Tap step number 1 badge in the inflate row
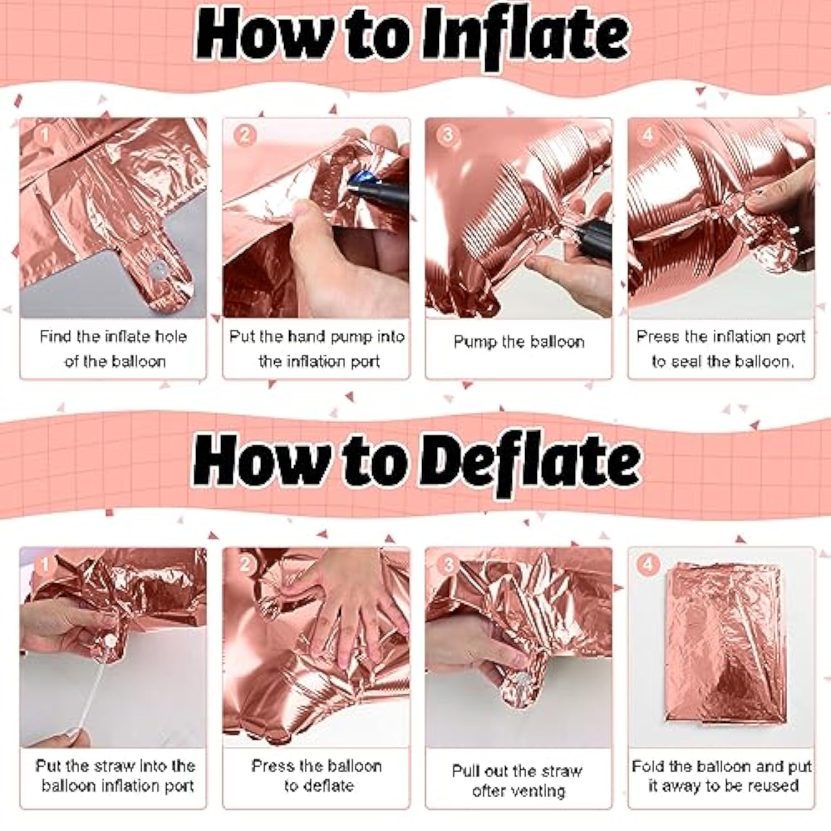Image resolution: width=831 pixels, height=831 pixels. pyautogui.click(x=45, y=135)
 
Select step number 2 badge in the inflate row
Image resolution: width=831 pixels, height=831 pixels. pyautogui.click(x=245, y=135)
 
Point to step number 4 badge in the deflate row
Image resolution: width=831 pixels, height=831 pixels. pyautogui.click(x=647, y=565)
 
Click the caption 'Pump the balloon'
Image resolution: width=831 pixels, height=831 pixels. pyautogui.click(x=519, y=342)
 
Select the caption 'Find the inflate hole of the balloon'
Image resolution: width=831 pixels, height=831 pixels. pyautogui.click(x=114, y=349)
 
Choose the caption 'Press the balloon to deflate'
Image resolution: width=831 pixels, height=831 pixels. pyautogui.click(x=317, y=776)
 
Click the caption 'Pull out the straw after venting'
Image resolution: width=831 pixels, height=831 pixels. pyautogui.click(x=518, y=781)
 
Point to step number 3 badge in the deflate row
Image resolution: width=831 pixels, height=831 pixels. pyautogui.click(x=448, y=565)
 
